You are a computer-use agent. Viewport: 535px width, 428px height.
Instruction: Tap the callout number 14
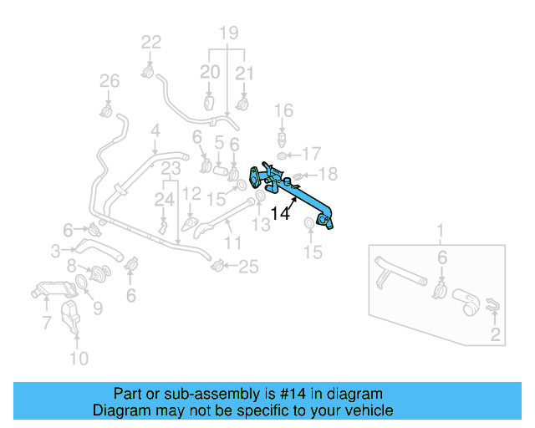[x=280, y=213]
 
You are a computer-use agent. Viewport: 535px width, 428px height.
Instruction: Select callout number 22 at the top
[x=151, y=42]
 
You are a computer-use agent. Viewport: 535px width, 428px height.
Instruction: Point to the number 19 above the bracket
[x=228, y=33]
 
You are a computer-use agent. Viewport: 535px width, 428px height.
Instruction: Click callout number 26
[x=110, y=81]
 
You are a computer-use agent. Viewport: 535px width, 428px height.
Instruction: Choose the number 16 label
[x=283, y=110]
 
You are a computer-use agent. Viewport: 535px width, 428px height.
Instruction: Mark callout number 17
[x=311, y=153]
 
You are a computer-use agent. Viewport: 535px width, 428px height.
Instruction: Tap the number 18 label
[x=328, y=173]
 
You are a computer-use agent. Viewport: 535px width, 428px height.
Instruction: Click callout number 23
[x=171, y=168]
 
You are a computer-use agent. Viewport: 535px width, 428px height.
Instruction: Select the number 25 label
[x=248, y=267]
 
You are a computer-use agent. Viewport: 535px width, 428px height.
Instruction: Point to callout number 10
[x=78, y=359]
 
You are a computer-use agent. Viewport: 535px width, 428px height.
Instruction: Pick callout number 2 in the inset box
[x=496, y=336]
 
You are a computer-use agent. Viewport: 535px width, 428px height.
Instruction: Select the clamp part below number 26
[x=108, y=110]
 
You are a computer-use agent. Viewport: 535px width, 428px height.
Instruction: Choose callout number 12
[x=191, y=194]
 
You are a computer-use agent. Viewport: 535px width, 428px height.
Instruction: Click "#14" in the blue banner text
[x=287, y=394]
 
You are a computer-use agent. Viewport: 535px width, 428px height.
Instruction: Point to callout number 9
[x=98, y=308]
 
